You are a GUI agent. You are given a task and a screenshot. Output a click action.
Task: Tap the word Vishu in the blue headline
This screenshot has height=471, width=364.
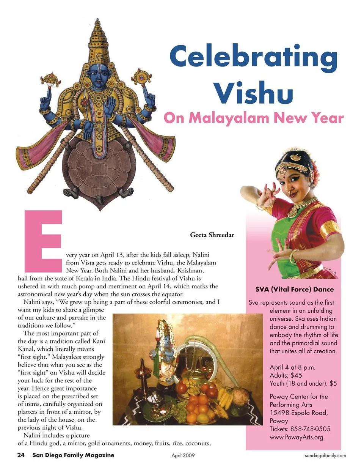(253, 92)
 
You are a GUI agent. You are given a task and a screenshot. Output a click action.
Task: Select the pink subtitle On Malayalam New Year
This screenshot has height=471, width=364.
(253, 118)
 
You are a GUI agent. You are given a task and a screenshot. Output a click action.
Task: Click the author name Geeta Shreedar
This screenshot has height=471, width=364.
(212, 235)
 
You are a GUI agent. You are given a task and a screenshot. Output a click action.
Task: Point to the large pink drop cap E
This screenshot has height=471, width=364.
(43, 241)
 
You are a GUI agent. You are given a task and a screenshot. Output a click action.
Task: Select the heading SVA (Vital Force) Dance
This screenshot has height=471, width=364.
(294, 289)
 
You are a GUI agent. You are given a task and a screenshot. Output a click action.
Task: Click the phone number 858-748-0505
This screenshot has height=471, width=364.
(310, 429)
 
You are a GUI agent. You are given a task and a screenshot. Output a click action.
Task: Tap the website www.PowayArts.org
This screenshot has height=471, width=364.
(296, 437)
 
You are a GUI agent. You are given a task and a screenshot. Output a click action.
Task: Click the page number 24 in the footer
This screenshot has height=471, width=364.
(21, 455)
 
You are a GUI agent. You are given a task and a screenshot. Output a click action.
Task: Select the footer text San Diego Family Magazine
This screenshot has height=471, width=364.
(73, 455)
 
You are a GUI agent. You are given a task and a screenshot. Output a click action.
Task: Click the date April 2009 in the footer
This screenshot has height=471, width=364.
(183, 455)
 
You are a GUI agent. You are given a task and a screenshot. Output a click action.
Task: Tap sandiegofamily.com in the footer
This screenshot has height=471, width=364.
(325, 455)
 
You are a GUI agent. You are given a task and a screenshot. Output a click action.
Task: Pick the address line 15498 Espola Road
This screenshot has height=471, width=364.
(299, 413)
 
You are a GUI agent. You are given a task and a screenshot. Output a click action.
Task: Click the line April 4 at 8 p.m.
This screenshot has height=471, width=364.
(292, 367)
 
